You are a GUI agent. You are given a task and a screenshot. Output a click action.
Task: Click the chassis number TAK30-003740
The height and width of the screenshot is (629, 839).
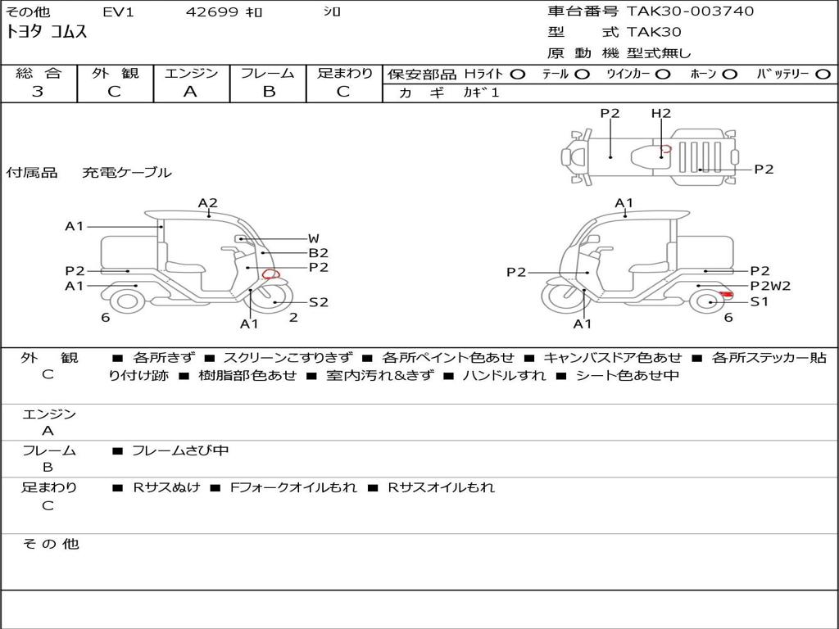pos(690,11)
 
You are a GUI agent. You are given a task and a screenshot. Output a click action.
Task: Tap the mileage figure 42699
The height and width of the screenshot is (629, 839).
pos(211,11)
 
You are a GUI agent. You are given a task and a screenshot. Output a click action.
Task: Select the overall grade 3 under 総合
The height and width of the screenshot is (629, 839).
pos(38,92)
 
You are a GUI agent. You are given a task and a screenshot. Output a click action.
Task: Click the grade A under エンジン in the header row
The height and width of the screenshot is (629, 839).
pos(190,92)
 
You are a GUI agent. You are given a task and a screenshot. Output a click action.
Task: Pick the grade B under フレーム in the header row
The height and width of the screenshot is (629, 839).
pos(269,92)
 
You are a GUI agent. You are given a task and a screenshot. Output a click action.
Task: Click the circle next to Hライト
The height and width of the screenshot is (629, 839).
pos(518,75)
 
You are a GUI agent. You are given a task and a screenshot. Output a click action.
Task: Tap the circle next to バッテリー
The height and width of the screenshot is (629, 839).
pos(823,75)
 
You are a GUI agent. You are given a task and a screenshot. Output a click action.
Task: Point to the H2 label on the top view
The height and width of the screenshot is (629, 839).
pos(661,113)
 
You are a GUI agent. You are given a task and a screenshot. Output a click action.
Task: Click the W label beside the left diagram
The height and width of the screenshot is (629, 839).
pos(314,238)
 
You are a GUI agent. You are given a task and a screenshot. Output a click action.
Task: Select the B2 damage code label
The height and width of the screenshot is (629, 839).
pos(319,253)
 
